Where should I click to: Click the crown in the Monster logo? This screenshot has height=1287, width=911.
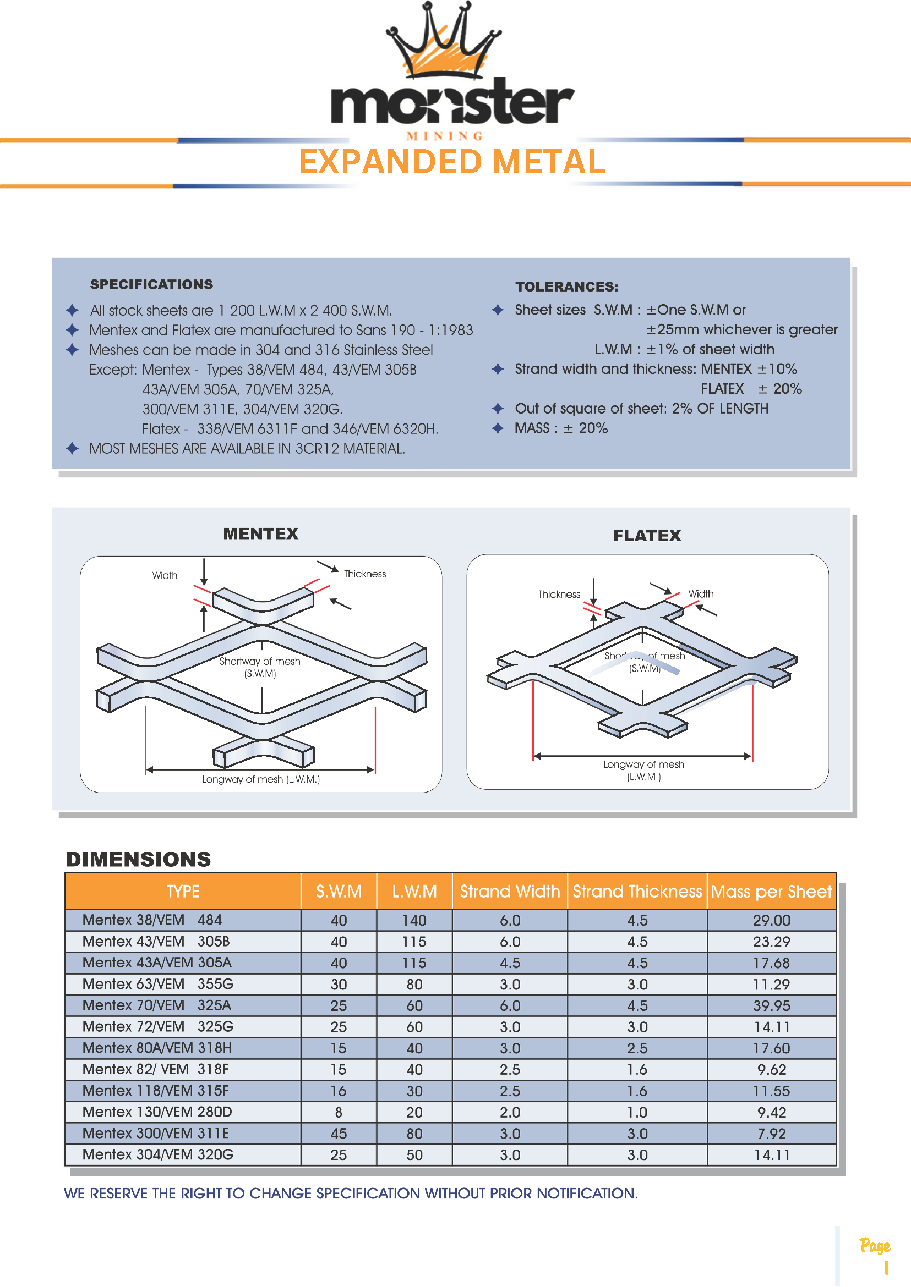tap(443, 42)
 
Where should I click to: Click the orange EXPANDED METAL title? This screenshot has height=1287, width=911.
tap(451, 162)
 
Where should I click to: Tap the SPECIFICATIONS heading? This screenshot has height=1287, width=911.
tap(151, 284)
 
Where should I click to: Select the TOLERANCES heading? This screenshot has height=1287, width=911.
tap(566, 287)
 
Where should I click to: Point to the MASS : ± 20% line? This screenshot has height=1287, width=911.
tap(561, 428)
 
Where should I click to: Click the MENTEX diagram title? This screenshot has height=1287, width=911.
tap(261, 533)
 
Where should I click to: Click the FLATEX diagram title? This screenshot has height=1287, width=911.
tap(647, 536)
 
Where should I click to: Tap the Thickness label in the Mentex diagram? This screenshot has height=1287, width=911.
tap(364, 574)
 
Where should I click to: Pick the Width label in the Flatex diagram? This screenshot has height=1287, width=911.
tap(701, 593)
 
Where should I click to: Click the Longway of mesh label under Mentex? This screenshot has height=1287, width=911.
tap(261, 779)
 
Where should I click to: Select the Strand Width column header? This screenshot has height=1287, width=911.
tap(510, 891)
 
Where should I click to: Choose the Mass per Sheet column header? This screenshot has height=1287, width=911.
tap(771, 891)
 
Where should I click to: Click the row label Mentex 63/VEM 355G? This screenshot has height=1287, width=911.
tap(157, 984)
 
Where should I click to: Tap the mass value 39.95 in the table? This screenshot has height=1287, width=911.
tap(771, 1005)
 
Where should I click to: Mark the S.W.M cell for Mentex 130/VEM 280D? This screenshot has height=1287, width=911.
tap(339, 1112)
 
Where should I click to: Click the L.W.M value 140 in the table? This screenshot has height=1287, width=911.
tap(414, 920)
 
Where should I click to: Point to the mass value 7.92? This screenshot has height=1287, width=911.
tap(771, 1134)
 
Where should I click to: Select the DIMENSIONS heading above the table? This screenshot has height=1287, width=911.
tap(139, 859)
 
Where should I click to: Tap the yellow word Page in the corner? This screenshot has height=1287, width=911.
tap(875, 1246)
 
